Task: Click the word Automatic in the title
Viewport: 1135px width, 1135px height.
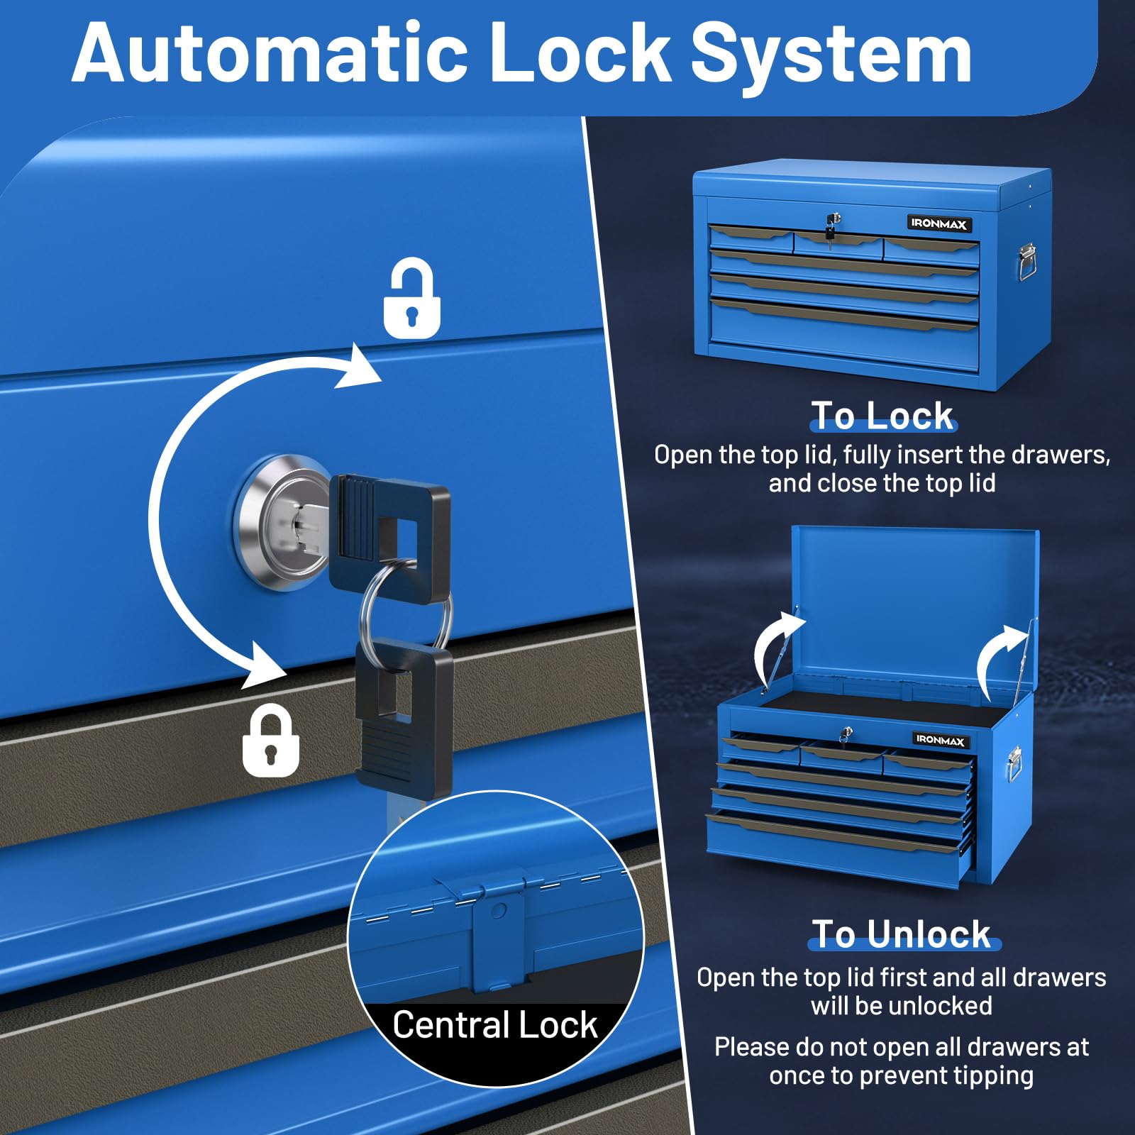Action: pos(270,53)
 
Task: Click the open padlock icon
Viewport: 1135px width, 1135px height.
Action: pos(412,297)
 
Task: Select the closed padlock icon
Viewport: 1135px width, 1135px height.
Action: pos(270,741)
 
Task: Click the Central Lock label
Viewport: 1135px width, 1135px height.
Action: pos(495,1025)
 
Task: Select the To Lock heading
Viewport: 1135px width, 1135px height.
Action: pos(882,416)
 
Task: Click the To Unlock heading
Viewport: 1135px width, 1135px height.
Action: pos(902,934)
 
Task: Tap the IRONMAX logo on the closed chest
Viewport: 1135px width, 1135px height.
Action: pos(939,223)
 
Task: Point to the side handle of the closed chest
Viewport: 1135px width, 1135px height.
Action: pos(1026,262)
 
